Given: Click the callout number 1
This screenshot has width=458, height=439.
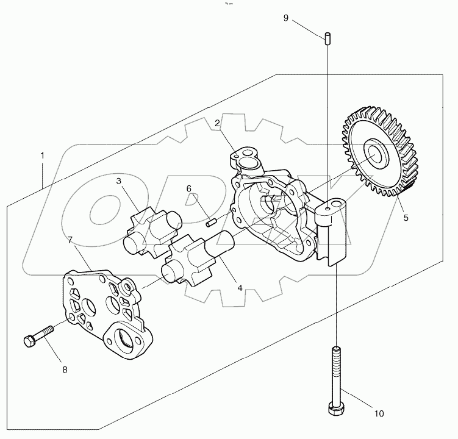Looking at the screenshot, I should click(42, 155).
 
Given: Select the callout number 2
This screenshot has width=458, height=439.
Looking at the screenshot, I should click(217, 123).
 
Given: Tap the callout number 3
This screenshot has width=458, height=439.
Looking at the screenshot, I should click(120, 181).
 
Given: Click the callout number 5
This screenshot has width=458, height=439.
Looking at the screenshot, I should click(404, 216).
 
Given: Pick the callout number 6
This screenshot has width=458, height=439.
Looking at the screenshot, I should click(189, 188).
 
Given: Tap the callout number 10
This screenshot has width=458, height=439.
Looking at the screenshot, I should click(379, 413).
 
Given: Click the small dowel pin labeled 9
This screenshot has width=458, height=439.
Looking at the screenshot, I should click(327, 37).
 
